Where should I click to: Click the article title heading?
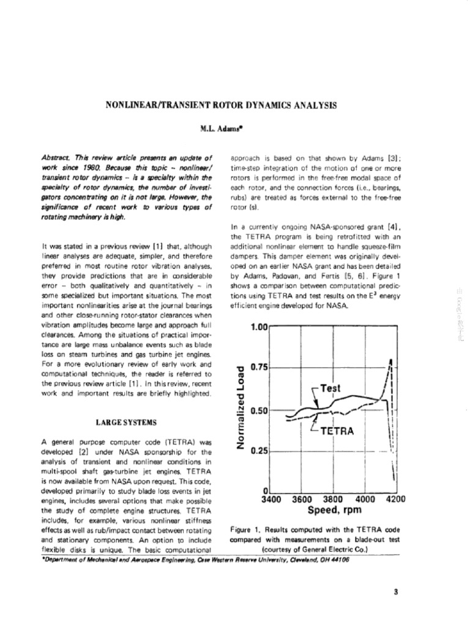point(222,105)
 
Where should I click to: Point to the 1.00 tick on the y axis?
point(259,327)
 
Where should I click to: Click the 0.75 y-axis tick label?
point(259,367)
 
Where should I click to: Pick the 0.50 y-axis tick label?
point(259,410)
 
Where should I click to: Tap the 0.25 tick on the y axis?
point(259,451)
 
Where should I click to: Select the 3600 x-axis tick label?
point(302,500)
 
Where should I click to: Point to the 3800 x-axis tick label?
point(334,500)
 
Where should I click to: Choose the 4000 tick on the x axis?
point(365,500)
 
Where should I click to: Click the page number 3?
point(397,591)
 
